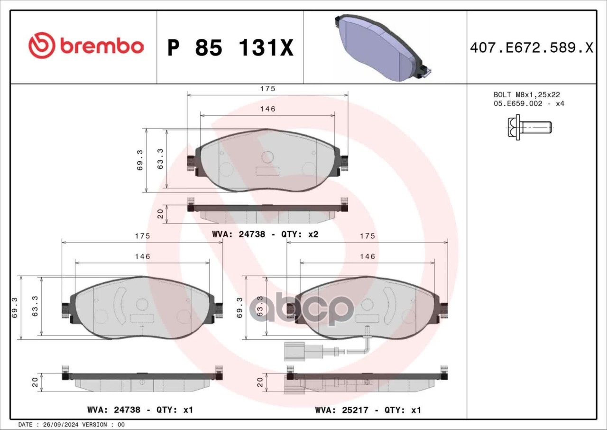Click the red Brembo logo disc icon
42,45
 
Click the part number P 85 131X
230,48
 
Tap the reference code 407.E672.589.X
532,48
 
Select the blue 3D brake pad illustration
383,47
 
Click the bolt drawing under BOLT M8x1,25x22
530,127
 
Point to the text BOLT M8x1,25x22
527,94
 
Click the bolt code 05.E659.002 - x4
529,103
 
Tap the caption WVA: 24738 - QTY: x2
265,234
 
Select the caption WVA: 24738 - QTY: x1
140,410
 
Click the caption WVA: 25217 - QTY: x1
368,410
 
